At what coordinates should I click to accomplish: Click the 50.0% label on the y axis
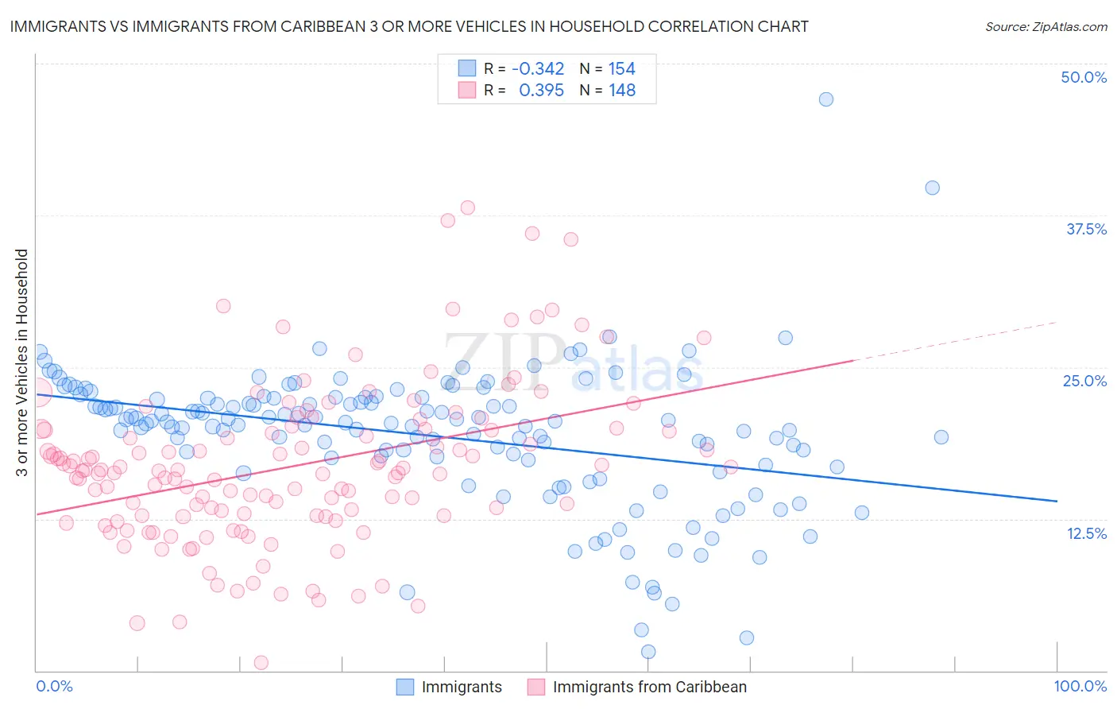1084,77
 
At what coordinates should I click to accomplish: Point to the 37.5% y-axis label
1086,229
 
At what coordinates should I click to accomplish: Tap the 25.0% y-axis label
1084,381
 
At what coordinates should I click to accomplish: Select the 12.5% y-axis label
1086,533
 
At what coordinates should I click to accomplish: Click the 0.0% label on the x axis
54,686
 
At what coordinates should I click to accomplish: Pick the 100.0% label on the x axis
1080,686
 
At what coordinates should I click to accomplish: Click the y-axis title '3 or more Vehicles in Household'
22,362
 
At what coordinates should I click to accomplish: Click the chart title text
408,26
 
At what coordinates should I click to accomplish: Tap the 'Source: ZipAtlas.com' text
1045,26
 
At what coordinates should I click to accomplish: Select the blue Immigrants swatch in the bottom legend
405,687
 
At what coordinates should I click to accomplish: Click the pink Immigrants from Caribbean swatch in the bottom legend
536,687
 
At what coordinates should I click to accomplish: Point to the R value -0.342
538,68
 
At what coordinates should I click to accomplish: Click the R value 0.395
541,90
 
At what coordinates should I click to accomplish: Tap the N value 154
621,68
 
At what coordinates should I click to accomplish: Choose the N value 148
622,90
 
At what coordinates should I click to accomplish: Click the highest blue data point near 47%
826,99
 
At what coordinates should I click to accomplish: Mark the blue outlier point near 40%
933,188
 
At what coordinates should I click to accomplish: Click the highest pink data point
468,207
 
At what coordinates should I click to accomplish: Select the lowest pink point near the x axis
261,662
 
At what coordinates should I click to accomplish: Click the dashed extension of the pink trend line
953,341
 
